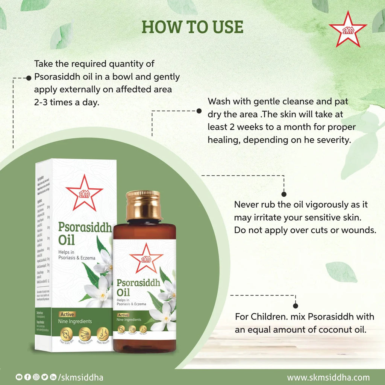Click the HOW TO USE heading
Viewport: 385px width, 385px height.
[192, 27]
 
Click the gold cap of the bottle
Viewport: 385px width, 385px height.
[143, 205]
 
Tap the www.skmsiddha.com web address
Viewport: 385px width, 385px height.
[328, 377]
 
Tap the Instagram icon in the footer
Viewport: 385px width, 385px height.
[36, 377]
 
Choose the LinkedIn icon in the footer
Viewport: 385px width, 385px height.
[53, 377]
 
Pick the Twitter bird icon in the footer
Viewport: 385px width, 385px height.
[45, 377]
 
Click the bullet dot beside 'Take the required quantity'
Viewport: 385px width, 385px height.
[28, 78]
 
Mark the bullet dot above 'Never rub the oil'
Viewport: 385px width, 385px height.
[284, 194]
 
